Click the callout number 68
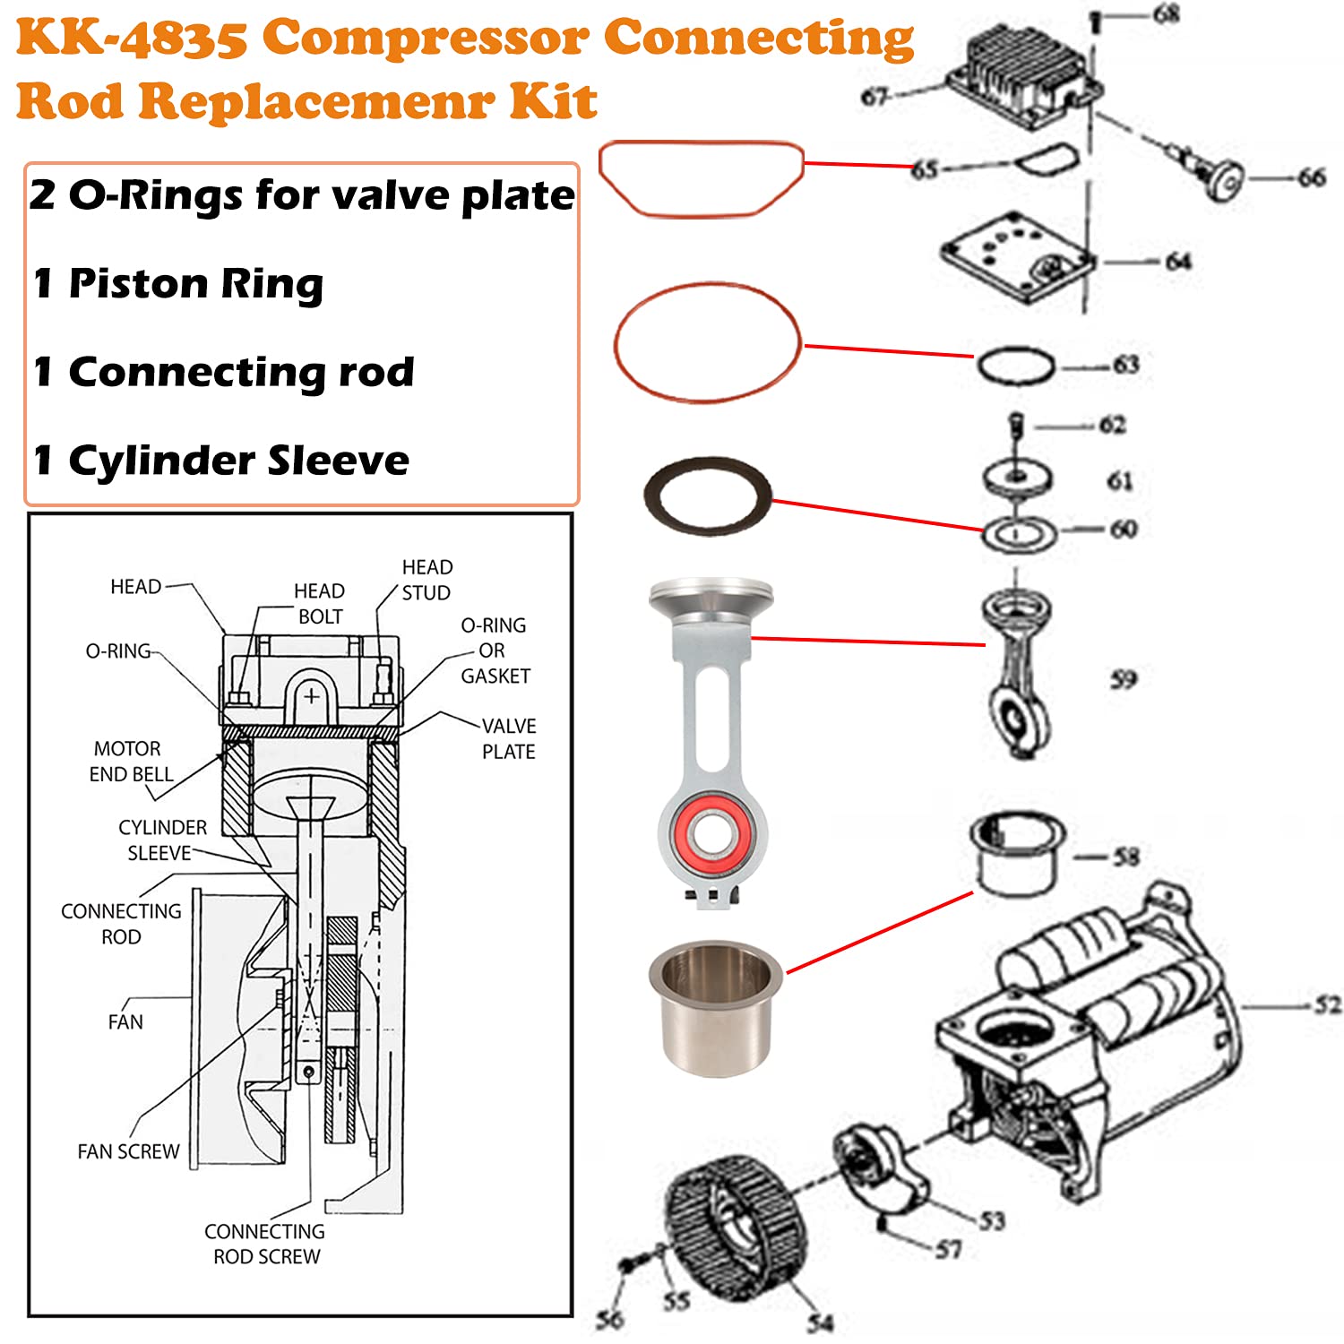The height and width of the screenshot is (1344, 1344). (1166, 14)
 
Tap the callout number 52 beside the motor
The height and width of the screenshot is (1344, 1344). (1328, 1005)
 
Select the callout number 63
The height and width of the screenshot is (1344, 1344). (1125, 365)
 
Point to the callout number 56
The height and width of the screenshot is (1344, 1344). (610, 1319)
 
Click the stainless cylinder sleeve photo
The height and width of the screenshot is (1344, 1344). (713, 1008)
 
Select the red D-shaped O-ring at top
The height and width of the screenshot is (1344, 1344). (701, 178)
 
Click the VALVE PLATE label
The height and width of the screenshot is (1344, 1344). (508, 738)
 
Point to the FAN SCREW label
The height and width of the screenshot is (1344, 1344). (128, 1151)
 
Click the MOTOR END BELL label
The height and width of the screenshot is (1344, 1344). (130, 761)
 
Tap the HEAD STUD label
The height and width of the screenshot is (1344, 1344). (426, 580)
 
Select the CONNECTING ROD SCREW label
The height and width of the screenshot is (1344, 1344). (265, 1244)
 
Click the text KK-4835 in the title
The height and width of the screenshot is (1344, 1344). (132, 39)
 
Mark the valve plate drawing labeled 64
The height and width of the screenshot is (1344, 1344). (1017, 254)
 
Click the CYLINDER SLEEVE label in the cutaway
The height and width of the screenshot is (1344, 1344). (161, 840)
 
